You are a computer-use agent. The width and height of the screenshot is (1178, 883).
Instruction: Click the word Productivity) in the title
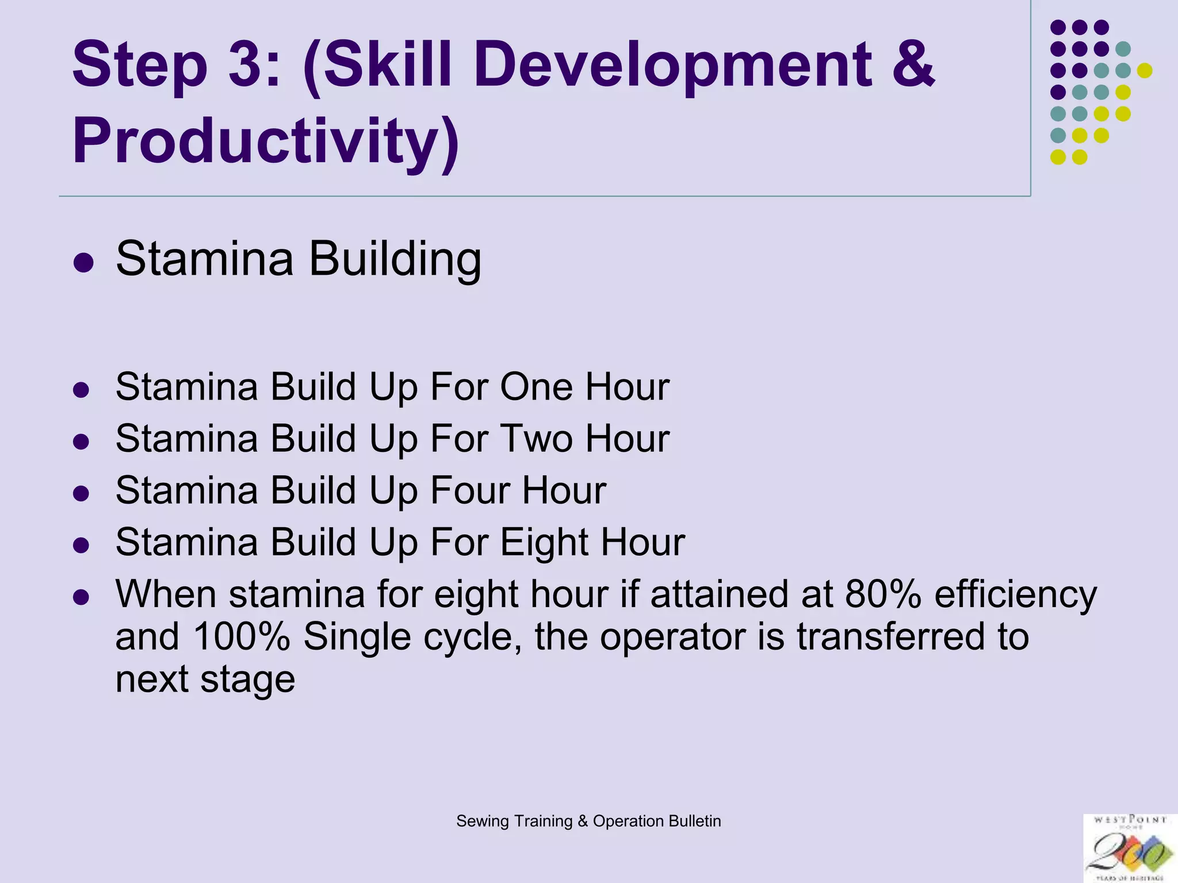(266, 141)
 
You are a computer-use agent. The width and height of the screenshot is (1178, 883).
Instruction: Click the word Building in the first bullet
(395, 259)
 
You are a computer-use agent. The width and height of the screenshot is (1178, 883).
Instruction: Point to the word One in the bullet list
(536, 387)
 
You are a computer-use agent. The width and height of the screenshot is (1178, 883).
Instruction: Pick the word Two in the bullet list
(537, 439)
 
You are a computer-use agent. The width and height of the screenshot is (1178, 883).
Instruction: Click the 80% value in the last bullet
(883, 594)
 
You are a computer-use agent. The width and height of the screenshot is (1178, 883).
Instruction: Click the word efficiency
(1015, 595)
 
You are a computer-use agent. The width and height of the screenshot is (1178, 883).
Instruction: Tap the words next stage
(205, 679)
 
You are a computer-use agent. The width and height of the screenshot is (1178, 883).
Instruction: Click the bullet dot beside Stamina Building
(83, 263)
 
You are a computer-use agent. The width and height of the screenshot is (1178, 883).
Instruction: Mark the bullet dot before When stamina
(81, 598)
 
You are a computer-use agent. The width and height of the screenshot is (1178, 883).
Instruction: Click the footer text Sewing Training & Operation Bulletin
(588, 821)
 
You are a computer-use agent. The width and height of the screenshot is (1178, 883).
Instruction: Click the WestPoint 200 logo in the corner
(1130, 849)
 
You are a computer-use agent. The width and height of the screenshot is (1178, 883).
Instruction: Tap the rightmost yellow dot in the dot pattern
(1145, 71)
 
